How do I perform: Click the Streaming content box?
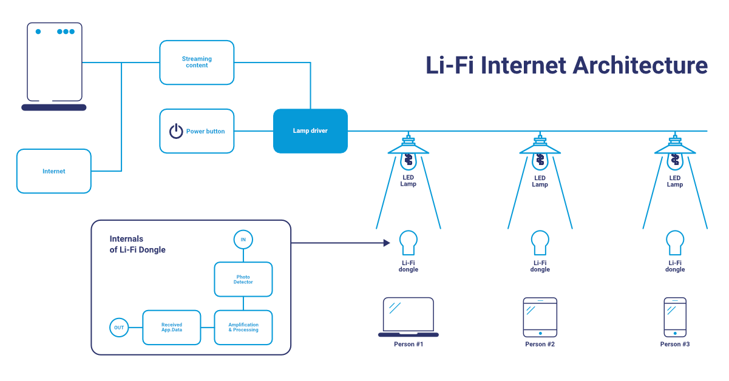coord(197,62)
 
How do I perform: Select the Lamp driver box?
coord(310,131)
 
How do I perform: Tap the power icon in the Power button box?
coord(176,131)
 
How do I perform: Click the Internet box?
coord(53,171)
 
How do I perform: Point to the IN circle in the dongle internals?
coord(243,240)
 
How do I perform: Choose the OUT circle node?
coord(119,328)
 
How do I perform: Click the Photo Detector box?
coord(243,279)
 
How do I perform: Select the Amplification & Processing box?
coord(243,328)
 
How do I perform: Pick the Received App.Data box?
coord(172,328)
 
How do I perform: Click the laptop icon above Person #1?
coord(408,317)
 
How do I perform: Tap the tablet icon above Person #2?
coord(540,317)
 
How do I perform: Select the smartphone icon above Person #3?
coord(674,317)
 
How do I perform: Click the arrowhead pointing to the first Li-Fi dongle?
coord(386,243)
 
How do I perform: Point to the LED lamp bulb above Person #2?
coord(540,160)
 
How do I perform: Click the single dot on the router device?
coord(38,32)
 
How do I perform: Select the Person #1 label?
coord(408,345)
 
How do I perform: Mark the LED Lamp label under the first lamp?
coord(408,181)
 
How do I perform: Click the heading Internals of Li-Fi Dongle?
coord(137,244)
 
